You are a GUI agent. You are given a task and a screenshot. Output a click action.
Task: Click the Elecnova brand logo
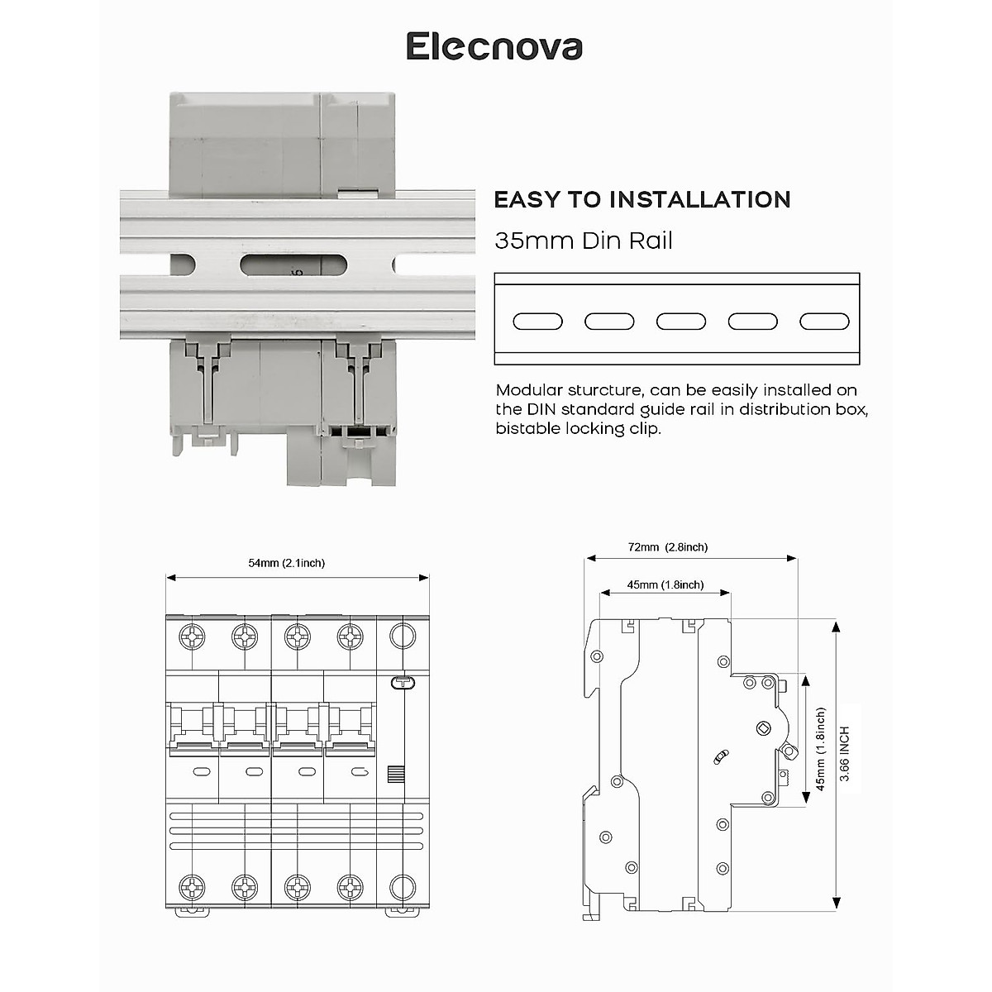point(494,46)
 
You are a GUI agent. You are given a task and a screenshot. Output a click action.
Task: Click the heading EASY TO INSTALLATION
point(641,200)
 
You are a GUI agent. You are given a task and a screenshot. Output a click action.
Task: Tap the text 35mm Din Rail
point(583,241)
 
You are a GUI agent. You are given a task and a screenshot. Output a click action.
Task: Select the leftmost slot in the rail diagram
point(537,322)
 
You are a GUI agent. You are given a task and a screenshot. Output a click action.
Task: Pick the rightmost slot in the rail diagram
point(824,322)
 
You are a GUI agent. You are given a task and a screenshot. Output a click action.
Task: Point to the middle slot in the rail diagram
point(680,322)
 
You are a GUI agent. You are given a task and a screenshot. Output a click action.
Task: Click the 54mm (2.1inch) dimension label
point(286,563)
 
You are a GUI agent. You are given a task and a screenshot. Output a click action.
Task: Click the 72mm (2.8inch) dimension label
point(667,547)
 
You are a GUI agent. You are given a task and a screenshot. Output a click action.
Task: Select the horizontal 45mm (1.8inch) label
point(665,585)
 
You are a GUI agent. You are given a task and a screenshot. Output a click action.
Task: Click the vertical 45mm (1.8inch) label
point(821,749)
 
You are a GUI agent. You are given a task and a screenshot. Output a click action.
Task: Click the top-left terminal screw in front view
point(193,637)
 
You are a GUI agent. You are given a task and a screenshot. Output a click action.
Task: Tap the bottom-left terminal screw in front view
point(193,888)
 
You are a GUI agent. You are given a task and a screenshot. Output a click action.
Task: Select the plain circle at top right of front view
point(402,636)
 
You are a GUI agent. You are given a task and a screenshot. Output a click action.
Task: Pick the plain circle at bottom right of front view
point(402,887)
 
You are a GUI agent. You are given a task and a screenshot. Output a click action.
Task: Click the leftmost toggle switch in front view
point(193,727)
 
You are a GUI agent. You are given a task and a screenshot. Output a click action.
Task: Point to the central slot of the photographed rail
point(293,265)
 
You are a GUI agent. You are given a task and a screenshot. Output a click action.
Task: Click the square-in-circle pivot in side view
point(763,728)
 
